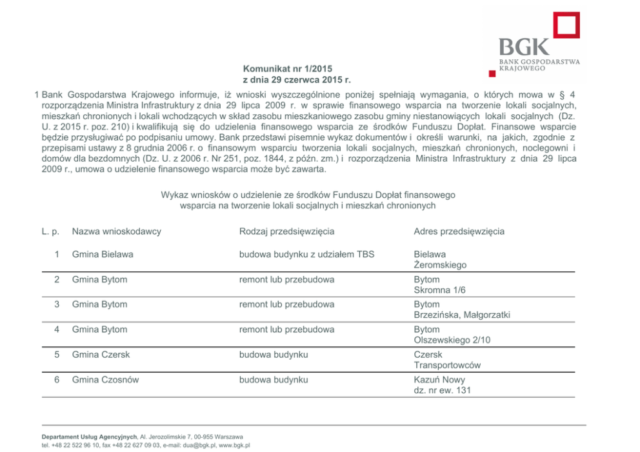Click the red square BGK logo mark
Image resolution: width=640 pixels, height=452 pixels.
(566, 26)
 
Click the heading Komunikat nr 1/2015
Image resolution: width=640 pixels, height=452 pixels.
(288, 68)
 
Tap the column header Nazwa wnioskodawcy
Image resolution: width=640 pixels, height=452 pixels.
(116, 231)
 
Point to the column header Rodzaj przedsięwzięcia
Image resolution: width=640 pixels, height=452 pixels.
(286, 231)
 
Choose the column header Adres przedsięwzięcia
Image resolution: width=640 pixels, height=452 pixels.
(459, 231)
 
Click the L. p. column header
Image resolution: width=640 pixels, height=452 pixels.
(51, 231)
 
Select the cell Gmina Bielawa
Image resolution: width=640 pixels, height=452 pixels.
(103, 255)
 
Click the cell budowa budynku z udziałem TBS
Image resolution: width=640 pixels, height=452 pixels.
(306, 255)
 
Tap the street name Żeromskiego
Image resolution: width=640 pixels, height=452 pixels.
(440, 265)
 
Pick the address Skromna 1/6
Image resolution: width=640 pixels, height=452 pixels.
(439, 290)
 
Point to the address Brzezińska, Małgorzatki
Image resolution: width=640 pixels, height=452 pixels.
(462, 315)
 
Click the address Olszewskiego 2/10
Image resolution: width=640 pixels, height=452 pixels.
(452, 340)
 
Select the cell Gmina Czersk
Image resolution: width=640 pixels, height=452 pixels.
(101, 355)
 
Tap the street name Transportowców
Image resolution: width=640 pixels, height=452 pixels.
(447, 365)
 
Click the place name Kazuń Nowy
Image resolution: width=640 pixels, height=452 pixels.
(439, 380)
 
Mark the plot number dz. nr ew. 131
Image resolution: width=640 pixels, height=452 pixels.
(442, 390)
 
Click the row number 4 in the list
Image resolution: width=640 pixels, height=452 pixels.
(57, 329)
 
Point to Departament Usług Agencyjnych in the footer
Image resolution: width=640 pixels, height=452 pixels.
(89, 437)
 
